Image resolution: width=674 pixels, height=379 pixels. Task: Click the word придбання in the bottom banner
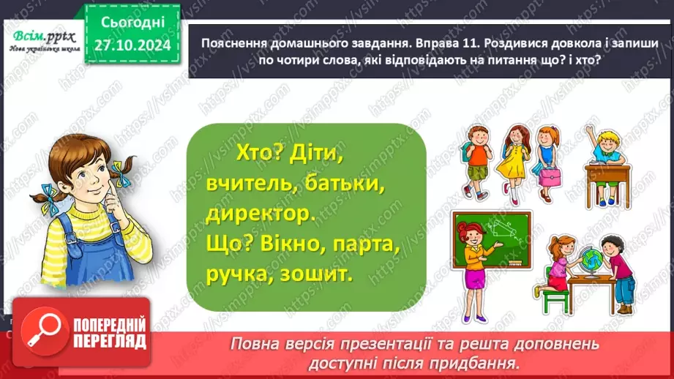coord(483,362)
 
